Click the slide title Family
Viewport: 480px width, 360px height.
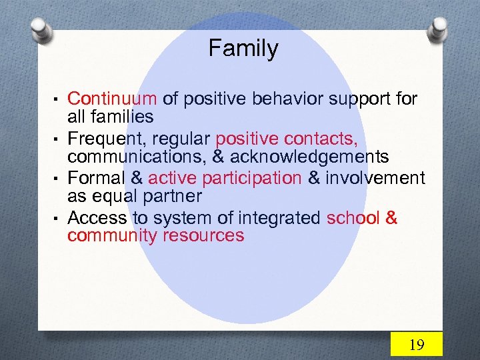[243, 49]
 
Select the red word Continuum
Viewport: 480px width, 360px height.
[112, 99]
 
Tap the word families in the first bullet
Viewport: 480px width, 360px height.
[122, 117]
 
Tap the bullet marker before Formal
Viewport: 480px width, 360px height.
[59, 179]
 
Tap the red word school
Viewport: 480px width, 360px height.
[353, 218]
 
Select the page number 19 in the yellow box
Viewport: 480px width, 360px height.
[416, 344]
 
